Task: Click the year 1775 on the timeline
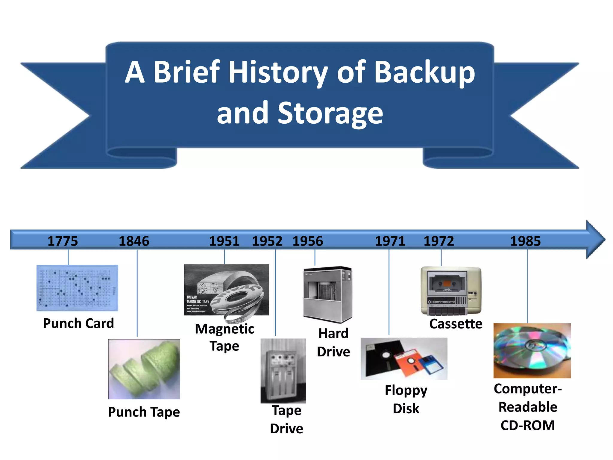63,241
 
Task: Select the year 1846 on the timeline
134,241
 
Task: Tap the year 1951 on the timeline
224,241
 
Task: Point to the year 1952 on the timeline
267,241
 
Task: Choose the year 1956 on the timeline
308,241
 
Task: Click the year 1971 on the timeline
390,241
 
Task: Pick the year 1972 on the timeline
439,241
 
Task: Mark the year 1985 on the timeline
526,241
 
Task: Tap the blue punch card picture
77,288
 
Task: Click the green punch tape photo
144,369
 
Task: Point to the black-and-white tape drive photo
283,371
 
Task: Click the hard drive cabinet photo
328,294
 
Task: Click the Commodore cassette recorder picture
451,291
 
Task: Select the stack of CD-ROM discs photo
532,350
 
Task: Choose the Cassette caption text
456,324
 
